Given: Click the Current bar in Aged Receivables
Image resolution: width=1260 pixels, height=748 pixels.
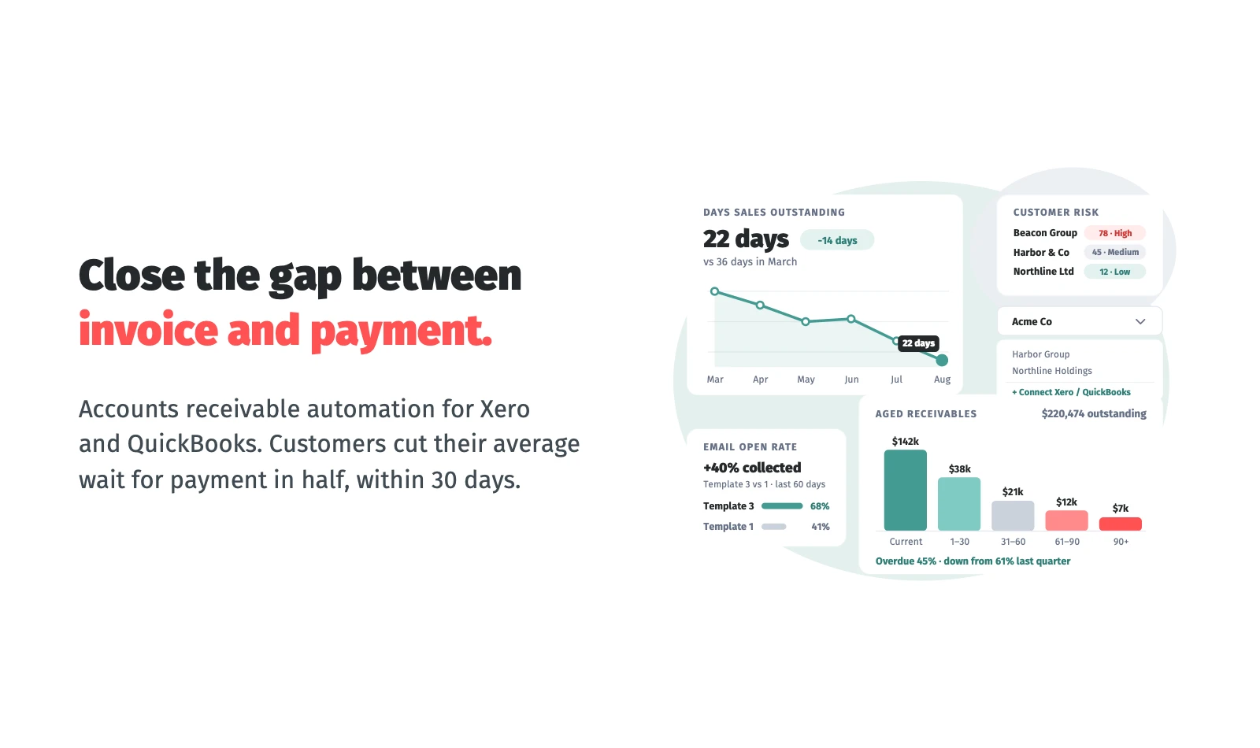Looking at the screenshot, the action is point(905,490).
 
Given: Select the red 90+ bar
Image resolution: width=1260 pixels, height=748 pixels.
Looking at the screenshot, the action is point(1120,524).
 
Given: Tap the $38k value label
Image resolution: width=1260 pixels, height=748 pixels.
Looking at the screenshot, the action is point(959,469).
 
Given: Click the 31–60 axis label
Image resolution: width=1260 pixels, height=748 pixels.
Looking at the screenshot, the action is point(1013,542).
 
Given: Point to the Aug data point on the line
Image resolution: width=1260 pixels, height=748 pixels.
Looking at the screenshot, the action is point(942,360).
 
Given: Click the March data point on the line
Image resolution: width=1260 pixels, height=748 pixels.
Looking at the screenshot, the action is point(714,291).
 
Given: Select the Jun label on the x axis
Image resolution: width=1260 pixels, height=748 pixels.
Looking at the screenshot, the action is point(851,380).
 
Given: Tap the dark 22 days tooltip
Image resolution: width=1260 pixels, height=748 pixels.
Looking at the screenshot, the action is point(918,343).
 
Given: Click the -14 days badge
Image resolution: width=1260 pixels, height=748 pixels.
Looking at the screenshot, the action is point(837,240).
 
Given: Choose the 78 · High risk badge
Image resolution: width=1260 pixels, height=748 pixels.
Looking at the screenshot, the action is point(1115,233).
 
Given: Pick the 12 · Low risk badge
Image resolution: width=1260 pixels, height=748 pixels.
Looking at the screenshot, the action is point(1114,272).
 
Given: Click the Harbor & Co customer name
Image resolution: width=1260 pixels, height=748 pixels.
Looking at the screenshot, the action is point(1040,253).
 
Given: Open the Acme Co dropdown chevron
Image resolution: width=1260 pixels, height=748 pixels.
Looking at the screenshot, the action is point(1140,322).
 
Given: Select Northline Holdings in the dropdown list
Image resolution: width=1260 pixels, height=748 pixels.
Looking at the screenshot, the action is point(1052,371).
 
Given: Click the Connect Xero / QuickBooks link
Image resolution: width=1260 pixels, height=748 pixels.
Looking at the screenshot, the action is point(1071,392).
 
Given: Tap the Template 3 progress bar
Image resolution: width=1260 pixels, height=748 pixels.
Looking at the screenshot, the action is point(782,506).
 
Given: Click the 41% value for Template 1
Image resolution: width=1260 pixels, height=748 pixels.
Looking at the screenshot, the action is point(820,527).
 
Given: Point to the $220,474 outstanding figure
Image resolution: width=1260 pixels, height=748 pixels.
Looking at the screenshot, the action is point(1094,414).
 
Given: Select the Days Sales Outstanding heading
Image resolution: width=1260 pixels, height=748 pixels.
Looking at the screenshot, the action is point(773,212).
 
